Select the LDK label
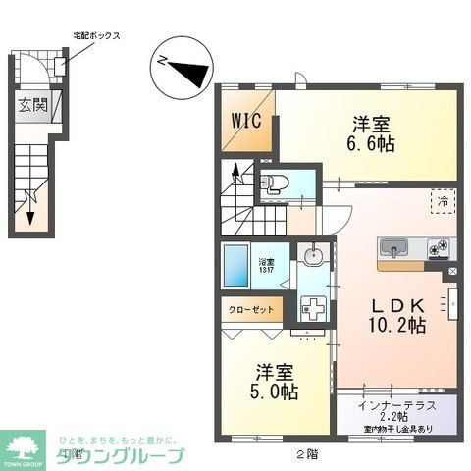[395, 303]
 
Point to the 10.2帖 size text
[395, 324]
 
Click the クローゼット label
[251, 309]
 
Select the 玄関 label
[29, 105]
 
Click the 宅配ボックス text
[96, 35]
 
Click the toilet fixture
[274, 183]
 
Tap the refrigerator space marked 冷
[443, 201]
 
